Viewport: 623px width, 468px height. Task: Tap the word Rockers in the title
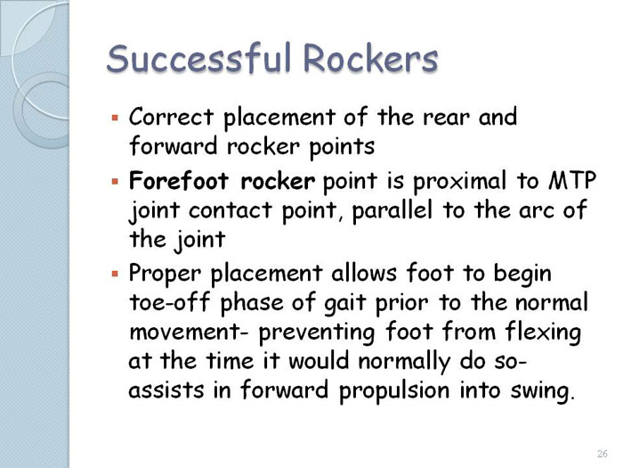pyautogui.click(x=370, y=58)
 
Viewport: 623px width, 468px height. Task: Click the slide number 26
pyautogui.click(x=603, y=454)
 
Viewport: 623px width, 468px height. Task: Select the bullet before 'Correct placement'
pyautogui.click(x=115, y=118)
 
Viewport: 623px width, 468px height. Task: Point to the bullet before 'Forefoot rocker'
pyautogui.click(x=115, y=182)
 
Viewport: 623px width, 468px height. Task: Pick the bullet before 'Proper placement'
pyautogui.click(x=115, y=275)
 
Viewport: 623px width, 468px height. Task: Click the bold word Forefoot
pyautogui.click(x=179, y=181)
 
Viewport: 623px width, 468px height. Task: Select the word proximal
pyautogui.click(x=459, y=182)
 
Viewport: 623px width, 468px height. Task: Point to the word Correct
pyautogui.click(x=171, y=118)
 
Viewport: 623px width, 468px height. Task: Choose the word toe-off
pyautogui.click(x=169, y=302)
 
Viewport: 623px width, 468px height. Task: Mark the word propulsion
pyautogui.click(x=394, y=391)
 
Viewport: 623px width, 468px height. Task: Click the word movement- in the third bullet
pyautogui.click(x=189, y=333)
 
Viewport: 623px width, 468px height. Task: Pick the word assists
pyautogui.click(x=166, y=390)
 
